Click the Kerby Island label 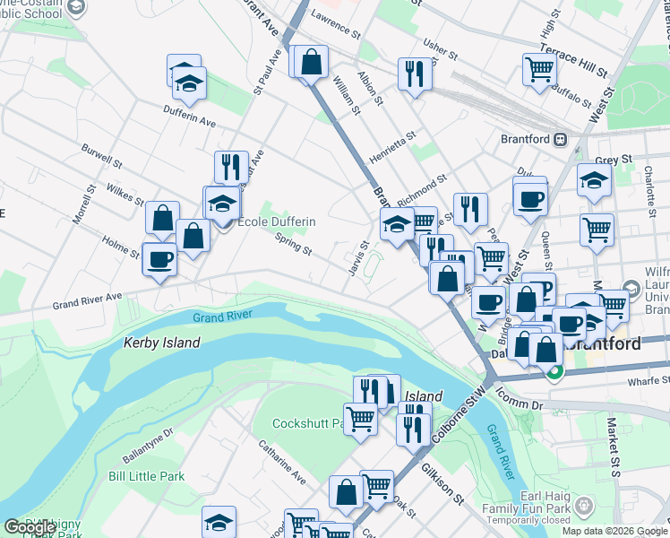point(162,343)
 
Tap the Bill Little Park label point(147,476)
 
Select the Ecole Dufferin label point(276,221)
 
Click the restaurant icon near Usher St point(414,74)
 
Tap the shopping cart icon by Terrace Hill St point(538,69)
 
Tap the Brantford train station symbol point(562,139)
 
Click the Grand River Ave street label point(87,298)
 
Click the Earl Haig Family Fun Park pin point(584,507)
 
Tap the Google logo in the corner point(30,527)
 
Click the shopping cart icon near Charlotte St point(597,229)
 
